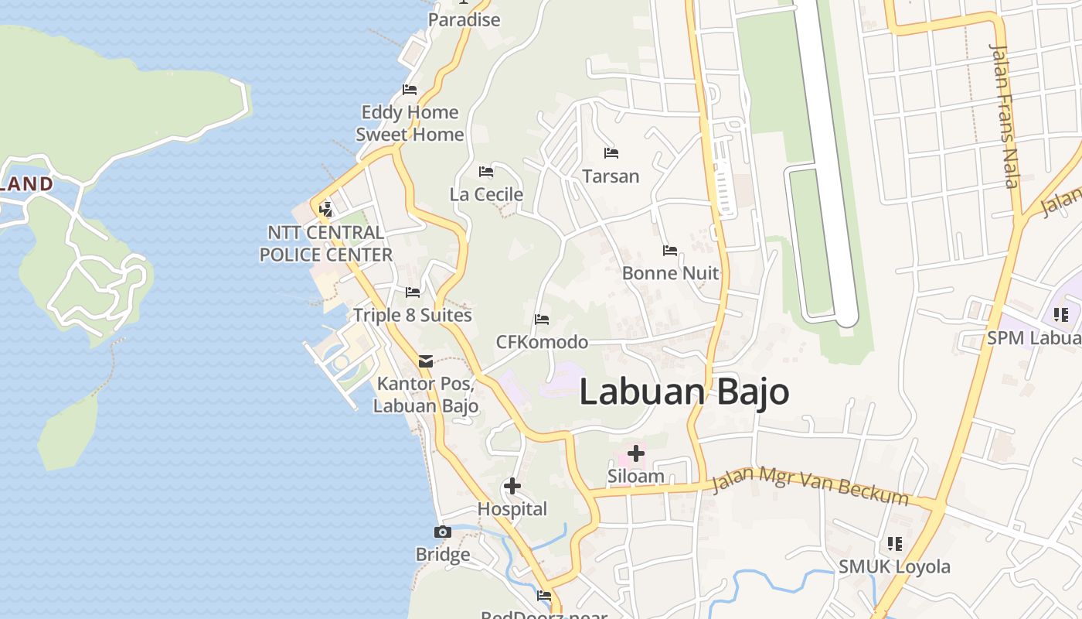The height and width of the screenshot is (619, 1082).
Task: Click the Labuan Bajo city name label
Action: tap(684, 392)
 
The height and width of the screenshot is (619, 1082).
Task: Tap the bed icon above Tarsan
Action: tap(611, 152)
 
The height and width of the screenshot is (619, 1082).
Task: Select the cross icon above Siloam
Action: tap(636, 453)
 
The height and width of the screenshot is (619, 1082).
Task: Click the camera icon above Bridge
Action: tap(443, 532)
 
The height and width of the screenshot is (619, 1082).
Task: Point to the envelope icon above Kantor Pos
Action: tap(426, 361)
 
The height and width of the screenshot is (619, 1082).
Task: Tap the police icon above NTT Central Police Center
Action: tap(325, 208)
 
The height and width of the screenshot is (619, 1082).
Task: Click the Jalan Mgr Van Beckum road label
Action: tap(809, 484)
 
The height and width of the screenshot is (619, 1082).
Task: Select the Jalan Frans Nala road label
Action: tap(1005, 116)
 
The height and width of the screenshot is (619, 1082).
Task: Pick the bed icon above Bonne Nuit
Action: tap(670, 250)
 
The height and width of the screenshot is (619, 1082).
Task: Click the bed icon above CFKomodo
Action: tap(542, 319)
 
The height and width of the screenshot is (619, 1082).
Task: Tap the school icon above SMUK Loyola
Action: tap(895, 543)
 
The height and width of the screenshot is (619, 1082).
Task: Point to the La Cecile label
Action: tap(486, 194)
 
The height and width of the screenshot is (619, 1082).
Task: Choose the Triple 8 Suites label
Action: tap(413, 316)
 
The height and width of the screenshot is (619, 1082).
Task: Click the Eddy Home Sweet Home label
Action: tap(410, 123)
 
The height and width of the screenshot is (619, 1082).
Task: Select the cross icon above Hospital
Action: tap(512, 486)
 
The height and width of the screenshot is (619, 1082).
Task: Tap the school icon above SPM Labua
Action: tap(1060, 315)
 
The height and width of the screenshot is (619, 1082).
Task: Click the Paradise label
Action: tap(464, 19)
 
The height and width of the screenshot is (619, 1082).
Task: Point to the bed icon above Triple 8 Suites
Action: tap(413, 292)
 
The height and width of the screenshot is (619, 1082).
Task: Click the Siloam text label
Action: tap(636, 476)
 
